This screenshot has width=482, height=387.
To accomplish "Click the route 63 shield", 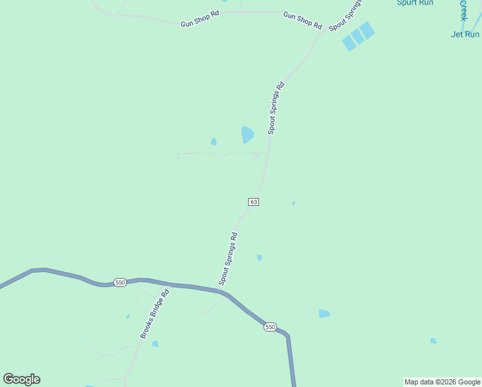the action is pyautogui.click(x=254, y=202).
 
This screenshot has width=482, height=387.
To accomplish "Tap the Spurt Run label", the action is pyautogui.click(x=414, y=3).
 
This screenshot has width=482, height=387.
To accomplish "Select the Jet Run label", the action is pyautogui.click(x=465, y=34).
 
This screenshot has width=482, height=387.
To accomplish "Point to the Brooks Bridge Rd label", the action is pyautogui.click(x=155, y=314).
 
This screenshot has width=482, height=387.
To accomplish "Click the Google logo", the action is pyautogui.click(x=21, y=379).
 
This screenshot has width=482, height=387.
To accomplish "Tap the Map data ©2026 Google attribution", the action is pyautogui.click(x=443, y=382).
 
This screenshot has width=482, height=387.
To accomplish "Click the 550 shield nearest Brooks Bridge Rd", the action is pyautogui.click(x=120, y=283).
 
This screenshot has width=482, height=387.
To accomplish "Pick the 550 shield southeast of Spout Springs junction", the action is pyautogui.click(x=270, y=327).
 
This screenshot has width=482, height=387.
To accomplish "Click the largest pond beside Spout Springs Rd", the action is pyautogui.click(x=247, y=134).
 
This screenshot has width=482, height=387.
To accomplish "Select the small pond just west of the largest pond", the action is pyautogui.click(x=213, y=142).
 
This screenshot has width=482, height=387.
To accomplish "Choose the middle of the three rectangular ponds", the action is pyautogui.click(x=358, y=36).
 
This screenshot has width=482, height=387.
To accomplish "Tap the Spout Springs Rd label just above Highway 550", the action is pyautogui.click(x=229, y=259).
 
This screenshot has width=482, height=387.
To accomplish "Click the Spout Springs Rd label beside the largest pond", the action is pyautogui.click(x=276, y=108).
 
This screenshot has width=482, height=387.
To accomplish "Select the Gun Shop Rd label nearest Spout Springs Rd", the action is pyautogui.click(x=302, y=19).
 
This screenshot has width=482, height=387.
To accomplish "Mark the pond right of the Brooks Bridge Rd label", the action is pyautogui.click(x=155, y=344).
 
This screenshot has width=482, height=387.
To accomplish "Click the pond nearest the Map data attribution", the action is pyautogui.click(x=433, y=341).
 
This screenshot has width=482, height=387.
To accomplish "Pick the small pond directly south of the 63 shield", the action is pyautogui.click(x=259, y=257).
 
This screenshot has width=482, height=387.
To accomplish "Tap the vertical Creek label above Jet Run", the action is pyautogui.click(x=463, y=10).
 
